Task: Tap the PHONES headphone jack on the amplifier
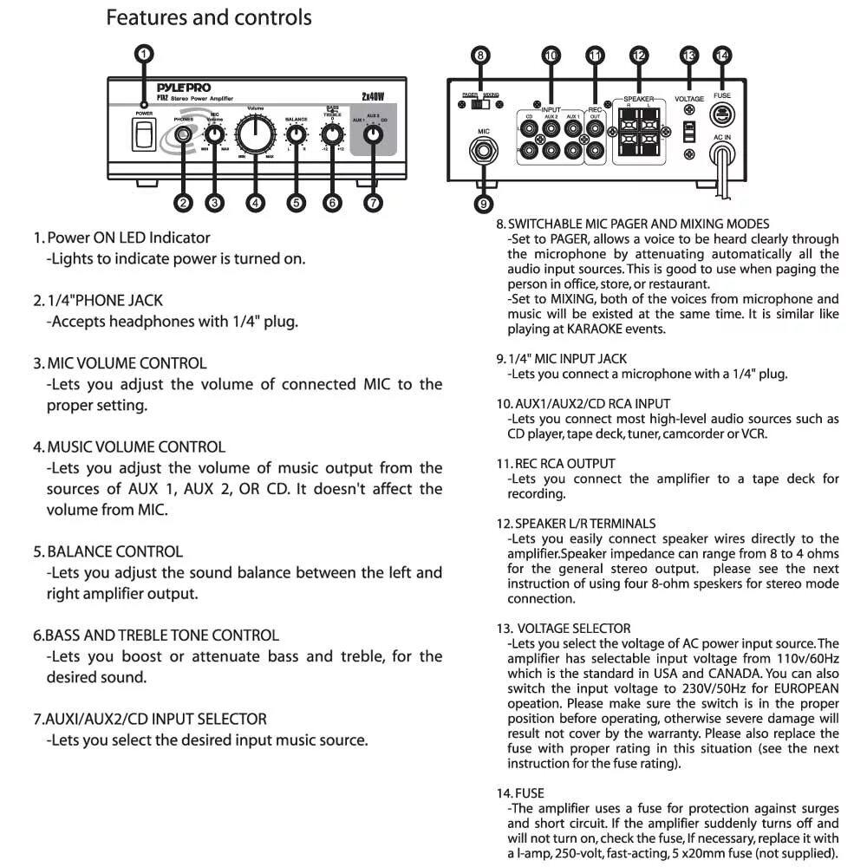(183, 134)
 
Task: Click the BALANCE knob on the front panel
(297, 135)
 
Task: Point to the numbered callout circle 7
(373, 202)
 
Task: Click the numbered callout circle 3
(214, 202)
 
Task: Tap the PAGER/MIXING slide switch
(479, 104)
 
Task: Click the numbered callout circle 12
(639, 55)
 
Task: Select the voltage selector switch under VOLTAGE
(688, 131)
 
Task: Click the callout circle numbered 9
(482, 205)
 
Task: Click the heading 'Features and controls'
(208, 16)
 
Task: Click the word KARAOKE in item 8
(592, 329)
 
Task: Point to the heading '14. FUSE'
(520, 792)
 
